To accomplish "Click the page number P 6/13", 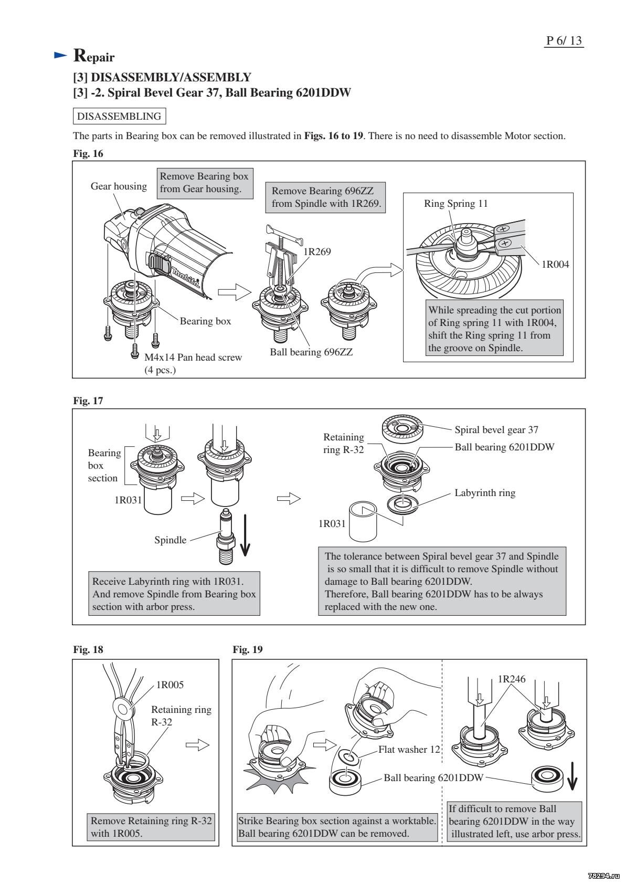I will point(564,40).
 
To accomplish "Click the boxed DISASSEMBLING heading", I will point(119,115).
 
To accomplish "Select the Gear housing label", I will point(119,186).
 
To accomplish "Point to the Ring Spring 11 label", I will point(455,204).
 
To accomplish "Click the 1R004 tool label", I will point(555,264).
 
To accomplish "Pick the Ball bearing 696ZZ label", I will point(311,352).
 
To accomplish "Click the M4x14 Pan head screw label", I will point(193,357).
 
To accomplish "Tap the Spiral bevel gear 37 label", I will point(496,430).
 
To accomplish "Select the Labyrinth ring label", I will point(485,493).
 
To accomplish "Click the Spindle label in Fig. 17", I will point(170,540).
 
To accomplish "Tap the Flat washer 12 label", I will point(409,749).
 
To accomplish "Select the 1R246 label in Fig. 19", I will point(511,679).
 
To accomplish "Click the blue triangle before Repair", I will point(61,55).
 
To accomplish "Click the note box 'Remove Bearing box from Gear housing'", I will point(204,182).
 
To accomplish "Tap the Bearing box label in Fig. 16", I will point(205,321).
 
